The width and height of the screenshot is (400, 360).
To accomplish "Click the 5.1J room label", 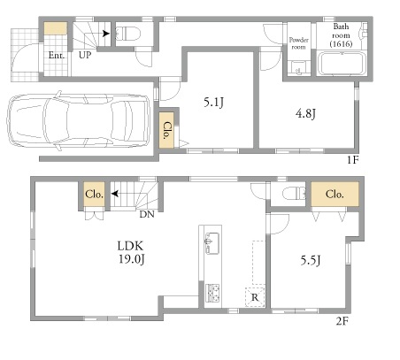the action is [x=214, y=102].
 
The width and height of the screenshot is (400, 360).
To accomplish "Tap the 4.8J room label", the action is [x=305, y=113].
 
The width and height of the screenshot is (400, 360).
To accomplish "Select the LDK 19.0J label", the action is [x=131, y=252].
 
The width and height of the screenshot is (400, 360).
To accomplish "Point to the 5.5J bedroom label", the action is [x=311, y=260].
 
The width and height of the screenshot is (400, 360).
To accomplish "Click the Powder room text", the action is [x=298, y=43].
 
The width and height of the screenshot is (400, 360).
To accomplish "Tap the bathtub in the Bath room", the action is [x=342, y=64].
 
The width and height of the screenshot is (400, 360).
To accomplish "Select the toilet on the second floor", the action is [x=294, y=195].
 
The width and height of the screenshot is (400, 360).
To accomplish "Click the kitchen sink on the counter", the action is [x=212, y=243].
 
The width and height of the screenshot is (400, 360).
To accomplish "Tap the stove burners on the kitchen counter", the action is [x=212, y=294].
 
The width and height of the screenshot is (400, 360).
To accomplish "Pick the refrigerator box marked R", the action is [x=255, y=296].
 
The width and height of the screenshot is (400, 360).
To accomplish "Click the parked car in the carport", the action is [x=79, y=121].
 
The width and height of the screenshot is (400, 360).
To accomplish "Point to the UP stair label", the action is [x=85, y=55].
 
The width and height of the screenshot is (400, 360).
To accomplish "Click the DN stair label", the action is [x=147, y=214].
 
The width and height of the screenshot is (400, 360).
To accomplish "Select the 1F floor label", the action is [x=352, y=160].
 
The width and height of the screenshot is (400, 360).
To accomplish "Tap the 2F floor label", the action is [x=342, y=321].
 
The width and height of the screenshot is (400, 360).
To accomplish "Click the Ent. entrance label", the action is [x=57, y=55].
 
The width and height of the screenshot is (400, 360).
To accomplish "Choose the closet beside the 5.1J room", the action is [x=166, y=130].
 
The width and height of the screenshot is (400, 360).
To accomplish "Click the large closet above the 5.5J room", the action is [x=335, y=194].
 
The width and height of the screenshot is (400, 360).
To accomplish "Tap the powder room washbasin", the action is [x=298, y=67].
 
